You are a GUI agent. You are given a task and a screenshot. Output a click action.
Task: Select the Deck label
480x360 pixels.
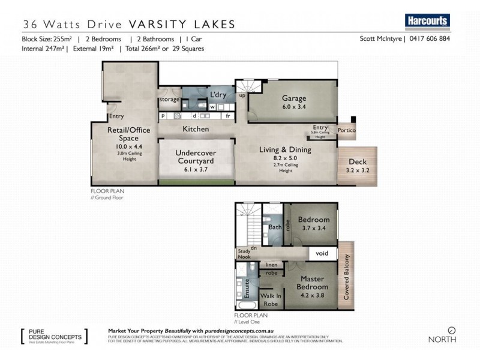point(358,162)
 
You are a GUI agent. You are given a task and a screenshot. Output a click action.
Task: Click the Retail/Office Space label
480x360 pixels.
point(119,134)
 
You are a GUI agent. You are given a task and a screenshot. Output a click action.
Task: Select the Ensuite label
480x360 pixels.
point(247,288)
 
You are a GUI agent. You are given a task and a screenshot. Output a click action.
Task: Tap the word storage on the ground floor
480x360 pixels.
point(169,100)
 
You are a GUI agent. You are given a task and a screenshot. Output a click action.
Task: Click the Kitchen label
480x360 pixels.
point(196,129)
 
